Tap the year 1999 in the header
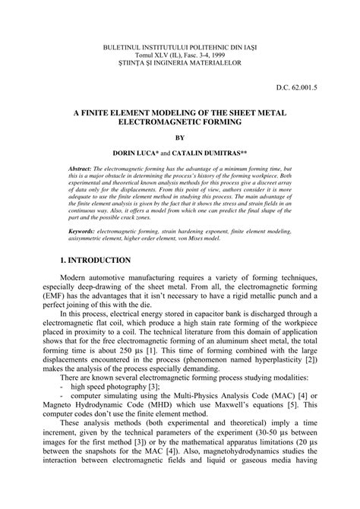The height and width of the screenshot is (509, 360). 221,56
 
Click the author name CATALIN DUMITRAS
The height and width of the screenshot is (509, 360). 210,152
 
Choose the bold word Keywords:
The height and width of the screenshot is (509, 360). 82,229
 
